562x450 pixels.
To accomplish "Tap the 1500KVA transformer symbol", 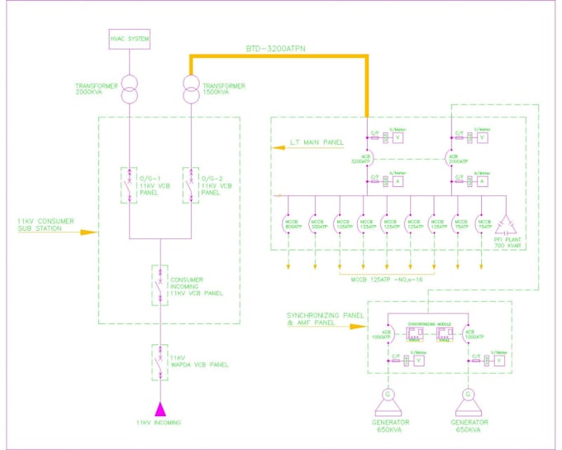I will pos(192,90).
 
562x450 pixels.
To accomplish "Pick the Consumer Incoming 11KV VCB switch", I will pos(160,283).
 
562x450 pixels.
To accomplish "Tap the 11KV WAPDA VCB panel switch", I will pos(160,361).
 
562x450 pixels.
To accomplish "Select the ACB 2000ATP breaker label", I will pos(452,160).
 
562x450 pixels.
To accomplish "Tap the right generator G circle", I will pos(468,394).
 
